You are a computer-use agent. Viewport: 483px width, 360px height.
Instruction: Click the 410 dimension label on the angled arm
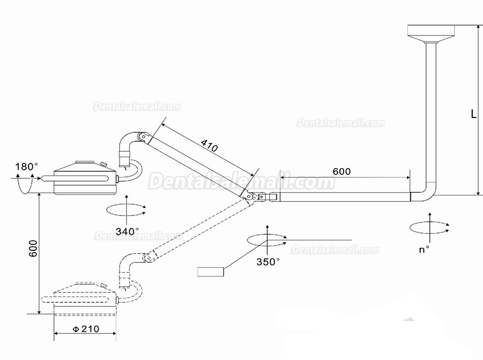point(210,145)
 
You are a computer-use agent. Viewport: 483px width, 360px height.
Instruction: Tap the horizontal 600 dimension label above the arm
point(341,172)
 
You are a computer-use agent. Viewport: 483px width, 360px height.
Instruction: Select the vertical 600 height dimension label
point(33,248)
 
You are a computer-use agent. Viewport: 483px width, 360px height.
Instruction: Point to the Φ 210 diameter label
point(86,329)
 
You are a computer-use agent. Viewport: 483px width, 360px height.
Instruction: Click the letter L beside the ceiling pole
point(473,114)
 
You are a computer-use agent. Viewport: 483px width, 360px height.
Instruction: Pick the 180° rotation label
point(27,167)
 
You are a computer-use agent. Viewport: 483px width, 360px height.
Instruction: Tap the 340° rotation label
point(127,231)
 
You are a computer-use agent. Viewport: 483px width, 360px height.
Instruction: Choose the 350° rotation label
point(268,262)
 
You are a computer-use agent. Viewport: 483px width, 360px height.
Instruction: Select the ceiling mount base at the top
point(431,33)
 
